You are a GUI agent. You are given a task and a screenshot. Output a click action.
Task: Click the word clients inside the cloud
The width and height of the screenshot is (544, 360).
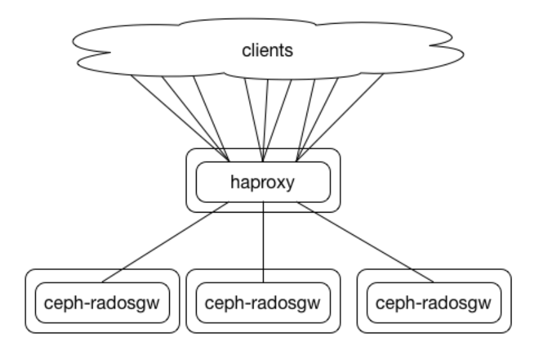[x=268, y=50]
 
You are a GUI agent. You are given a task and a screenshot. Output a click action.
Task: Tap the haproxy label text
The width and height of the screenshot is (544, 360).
[x=262, y=183]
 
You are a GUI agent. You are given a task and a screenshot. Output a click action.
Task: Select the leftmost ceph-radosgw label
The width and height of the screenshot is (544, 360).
[x=102, y=303]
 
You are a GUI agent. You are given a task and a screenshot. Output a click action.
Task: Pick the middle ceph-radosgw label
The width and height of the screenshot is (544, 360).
[x=262, y=303]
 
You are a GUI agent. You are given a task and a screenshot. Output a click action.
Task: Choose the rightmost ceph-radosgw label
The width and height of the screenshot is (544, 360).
[x=434, y=303]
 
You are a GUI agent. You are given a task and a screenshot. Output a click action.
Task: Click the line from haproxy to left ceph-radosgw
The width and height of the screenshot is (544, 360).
[x=165, y=242]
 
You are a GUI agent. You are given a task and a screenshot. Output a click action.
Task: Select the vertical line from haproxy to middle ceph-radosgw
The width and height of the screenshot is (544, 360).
[x=263, y=242]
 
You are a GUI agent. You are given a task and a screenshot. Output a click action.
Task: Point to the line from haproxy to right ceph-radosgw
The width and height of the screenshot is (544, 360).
[x=365, y=242]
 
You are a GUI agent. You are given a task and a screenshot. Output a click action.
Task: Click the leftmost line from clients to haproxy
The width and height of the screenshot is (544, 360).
[x=180, y=118]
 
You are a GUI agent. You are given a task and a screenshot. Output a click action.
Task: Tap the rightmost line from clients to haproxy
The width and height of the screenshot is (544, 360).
[x=340, y=117]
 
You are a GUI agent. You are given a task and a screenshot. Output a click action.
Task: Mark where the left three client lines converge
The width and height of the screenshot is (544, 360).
[x=229, y=161]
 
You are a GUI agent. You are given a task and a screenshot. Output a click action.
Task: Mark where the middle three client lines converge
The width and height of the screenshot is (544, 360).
[x=263, y=161]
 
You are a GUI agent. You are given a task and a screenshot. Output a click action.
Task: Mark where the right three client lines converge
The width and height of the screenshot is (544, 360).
[x=297, y=161]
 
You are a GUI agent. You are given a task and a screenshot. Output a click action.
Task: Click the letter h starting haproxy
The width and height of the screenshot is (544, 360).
[x=235, y=181]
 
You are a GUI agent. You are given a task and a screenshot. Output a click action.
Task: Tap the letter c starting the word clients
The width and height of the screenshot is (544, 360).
[x=246, y=52]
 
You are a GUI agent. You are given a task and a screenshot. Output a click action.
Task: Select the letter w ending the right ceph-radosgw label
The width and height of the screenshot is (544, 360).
[x=486, y=304]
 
